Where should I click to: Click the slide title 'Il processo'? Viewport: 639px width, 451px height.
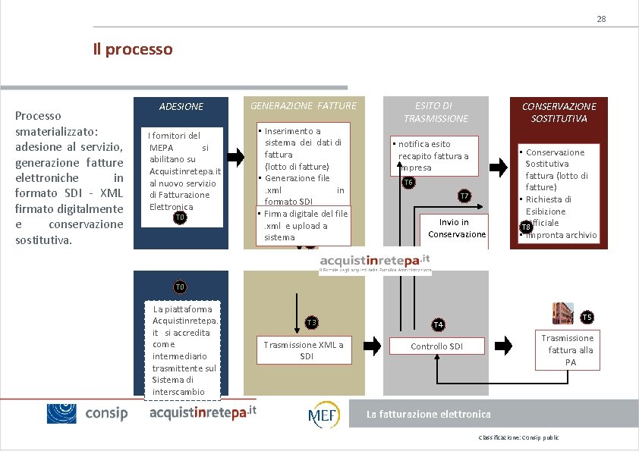pyautogui.click(x=132, y=49)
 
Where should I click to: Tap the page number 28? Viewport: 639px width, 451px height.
pyautogui.click(x=600, y=18)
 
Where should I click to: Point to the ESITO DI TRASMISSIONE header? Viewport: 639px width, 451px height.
pyautogui.click(x=435, y=112)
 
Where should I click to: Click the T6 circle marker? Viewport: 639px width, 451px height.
pyautogui.click(x=408, y=183)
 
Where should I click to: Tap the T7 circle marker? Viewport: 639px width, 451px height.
pyautogui.click(x=465, y=196)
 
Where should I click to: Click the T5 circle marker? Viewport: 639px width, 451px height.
pyautogui.click(x=587, y=316)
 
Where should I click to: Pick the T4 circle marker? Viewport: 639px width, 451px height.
pyautogui.click(x=438, y=324)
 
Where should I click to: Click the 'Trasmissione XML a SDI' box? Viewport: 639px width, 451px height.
pyautogui.click(x=303, y=350)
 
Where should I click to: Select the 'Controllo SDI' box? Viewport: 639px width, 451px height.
pyautogui.click(x=436, y=346)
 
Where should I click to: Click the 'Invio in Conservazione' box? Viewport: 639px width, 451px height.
pyautogui.click(x=453, y=228)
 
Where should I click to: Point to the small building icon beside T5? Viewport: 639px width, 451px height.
pyautogui.click(x=563, y=312)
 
